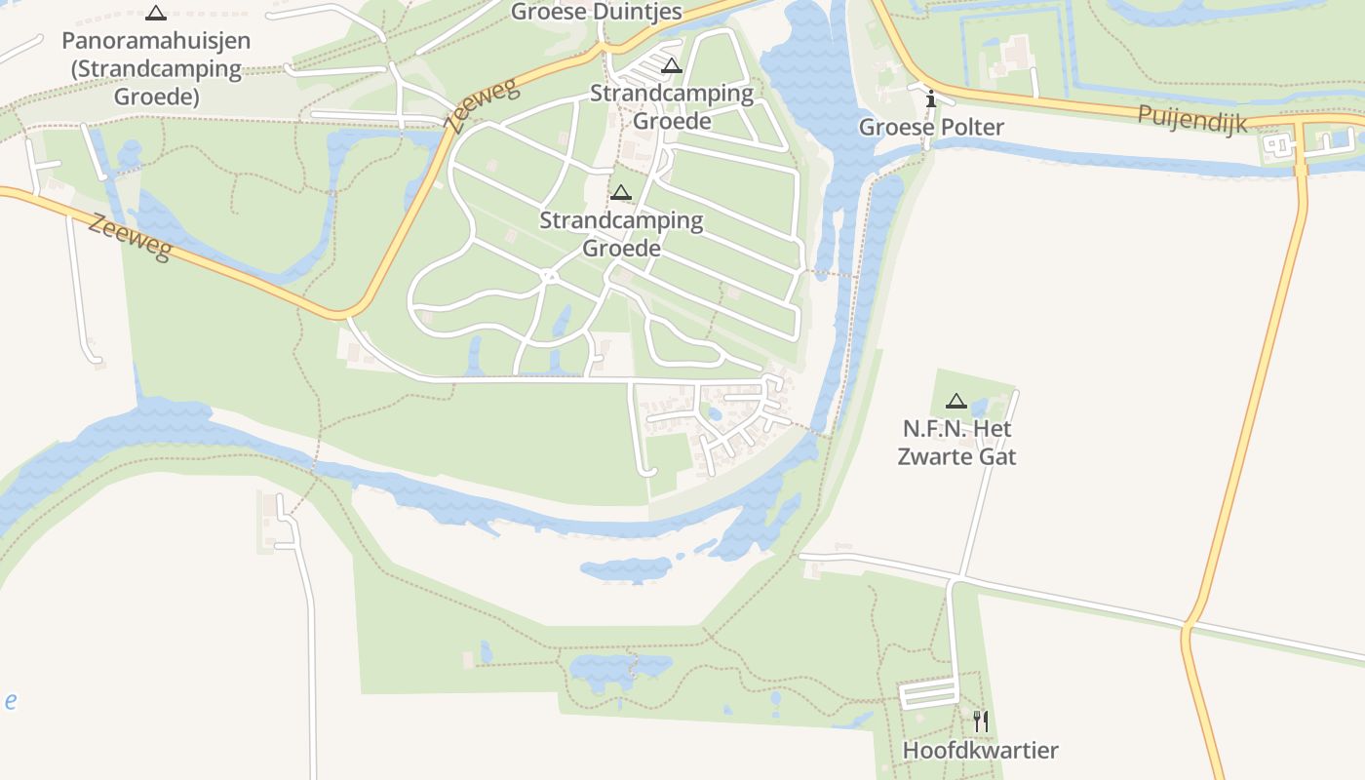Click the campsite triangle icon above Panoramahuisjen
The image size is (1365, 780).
pos(156,14)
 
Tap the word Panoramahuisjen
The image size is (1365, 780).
pos(156,41)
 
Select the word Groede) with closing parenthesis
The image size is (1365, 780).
pos(156,97)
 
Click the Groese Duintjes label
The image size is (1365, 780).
pos(596,12)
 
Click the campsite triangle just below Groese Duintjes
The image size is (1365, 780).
pos(671,66)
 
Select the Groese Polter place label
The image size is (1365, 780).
pos(931,128)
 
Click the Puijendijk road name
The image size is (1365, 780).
pos(1191,120)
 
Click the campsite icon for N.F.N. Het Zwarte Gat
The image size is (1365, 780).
pos(956,401)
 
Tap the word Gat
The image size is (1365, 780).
pos(994,456)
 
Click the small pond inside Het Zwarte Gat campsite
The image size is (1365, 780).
pos(979,408)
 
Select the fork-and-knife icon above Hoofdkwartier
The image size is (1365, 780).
pos(981,721)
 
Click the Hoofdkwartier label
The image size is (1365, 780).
pos(980,751)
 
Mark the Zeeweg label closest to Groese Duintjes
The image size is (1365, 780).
pos(482,106)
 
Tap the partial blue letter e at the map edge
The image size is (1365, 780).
pos(10,701)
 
